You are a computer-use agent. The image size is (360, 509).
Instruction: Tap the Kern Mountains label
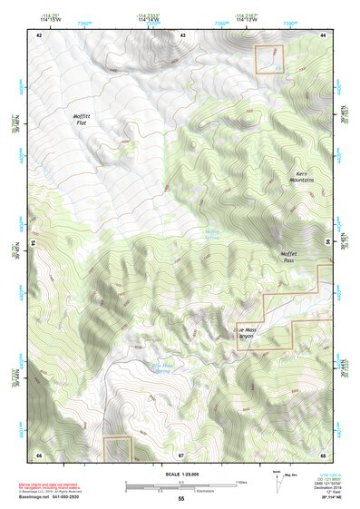tap(305, 176)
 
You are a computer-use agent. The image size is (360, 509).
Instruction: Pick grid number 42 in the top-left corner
tap(39, 34)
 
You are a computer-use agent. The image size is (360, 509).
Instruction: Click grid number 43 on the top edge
tap(182, 34)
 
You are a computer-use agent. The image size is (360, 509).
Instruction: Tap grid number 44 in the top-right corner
tap(324, 34)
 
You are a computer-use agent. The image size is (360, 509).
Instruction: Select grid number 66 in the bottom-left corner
tap(39, 455)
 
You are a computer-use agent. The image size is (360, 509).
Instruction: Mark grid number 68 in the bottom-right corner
tap(324, 455)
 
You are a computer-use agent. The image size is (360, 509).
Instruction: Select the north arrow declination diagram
tap(277, 485)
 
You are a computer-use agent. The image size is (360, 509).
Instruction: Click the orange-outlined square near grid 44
tap(269, 59)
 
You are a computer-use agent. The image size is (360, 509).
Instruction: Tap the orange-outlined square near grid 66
tap(117, 448)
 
